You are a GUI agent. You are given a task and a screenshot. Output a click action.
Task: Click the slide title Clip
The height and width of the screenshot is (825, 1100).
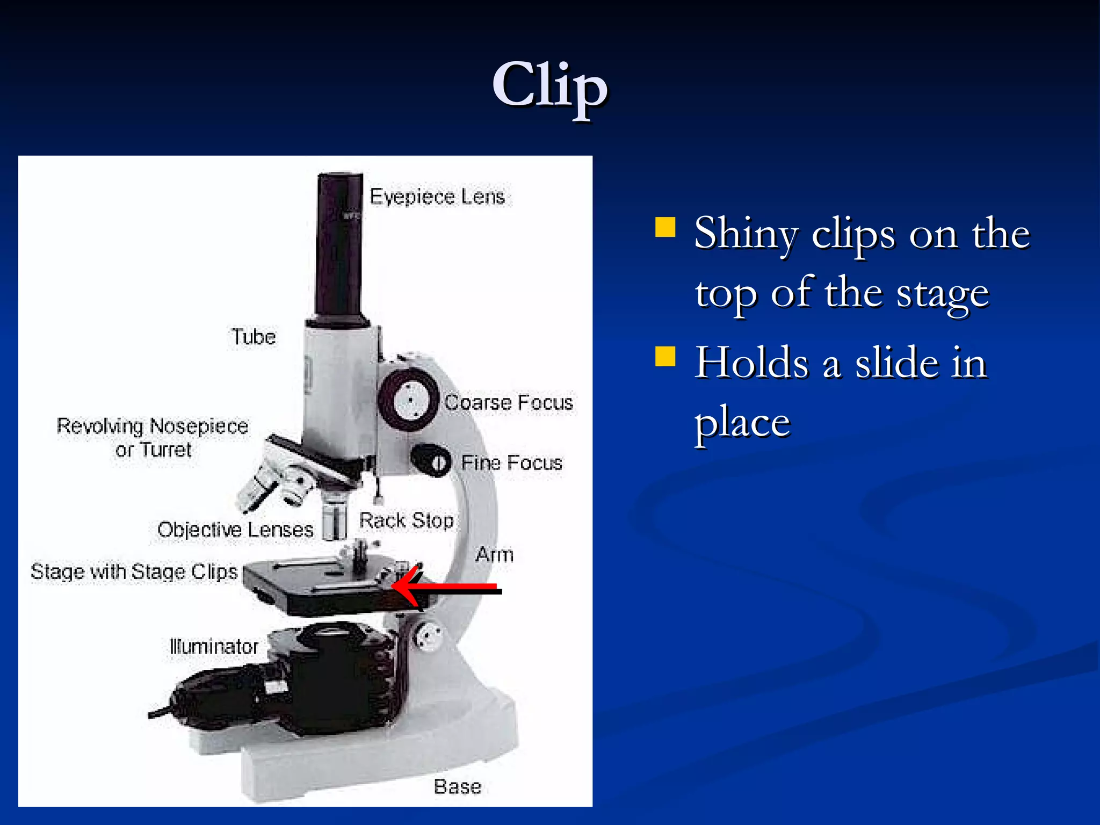(x=549, y=86)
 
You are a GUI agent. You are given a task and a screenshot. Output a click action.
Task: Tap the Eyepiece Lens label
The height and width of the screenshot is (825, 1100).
(x=437, y=197)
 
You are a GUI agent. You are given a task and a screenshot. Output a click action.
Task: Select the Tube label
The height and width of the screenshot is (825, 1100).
(x=254, y=337)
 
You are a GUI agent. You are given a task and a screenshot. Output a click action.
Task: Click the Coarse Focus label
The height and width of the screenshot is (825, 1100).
(x=509, y=402)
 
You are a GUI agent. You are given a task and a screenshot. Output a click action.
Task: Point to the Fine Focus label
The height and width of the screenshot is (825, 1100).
(x=511, y=462)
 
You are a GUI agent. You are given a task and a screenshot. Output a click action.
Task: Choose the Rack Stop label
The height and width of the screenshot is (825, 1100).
(x=406, y=520)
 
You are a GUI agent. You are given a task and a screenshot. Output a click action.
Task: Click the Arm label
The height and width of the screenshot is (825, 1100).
(x=494, y=554)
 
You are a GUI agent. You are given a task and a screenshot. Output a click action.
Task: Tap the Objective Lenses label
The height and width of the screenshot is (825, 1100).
(x=235, y=530)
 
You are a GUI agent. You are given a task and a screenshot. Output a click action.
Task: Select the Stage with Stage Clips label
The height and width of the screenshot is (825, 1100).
(x=134, y=571)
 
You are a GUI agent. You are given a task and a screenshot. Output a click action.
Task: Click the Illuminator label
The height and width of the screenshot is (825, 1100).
(x=214, y=646)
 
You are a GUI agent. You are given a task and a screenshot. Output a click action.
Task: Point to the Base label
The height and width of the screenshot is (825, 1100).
(x=457, y=786)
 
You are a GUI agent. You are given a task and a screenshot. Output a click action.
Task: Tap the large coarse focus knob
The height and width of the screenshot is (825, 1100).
(x=409, y=400)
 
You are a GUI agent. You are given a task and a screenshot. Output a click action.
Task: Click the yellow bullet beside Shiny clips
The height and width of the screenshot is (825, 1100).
(x=665, y=227)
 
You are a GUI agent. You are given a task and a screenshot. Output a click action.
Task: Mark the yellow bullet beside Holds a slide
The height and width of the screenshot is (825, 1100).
(x=665, y=356)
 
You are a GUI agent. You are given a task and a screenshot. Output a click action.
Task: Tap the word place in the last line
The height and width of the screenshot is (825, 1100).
(x=742, y=423)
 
